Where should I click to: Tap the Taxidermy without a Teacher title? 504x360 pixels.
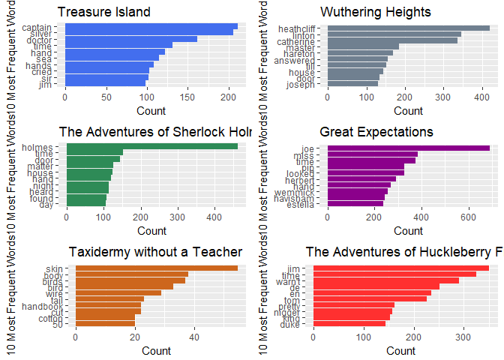(156, 251)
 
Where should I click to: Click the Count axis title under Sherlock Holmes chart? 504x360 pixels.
(152, 230)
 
